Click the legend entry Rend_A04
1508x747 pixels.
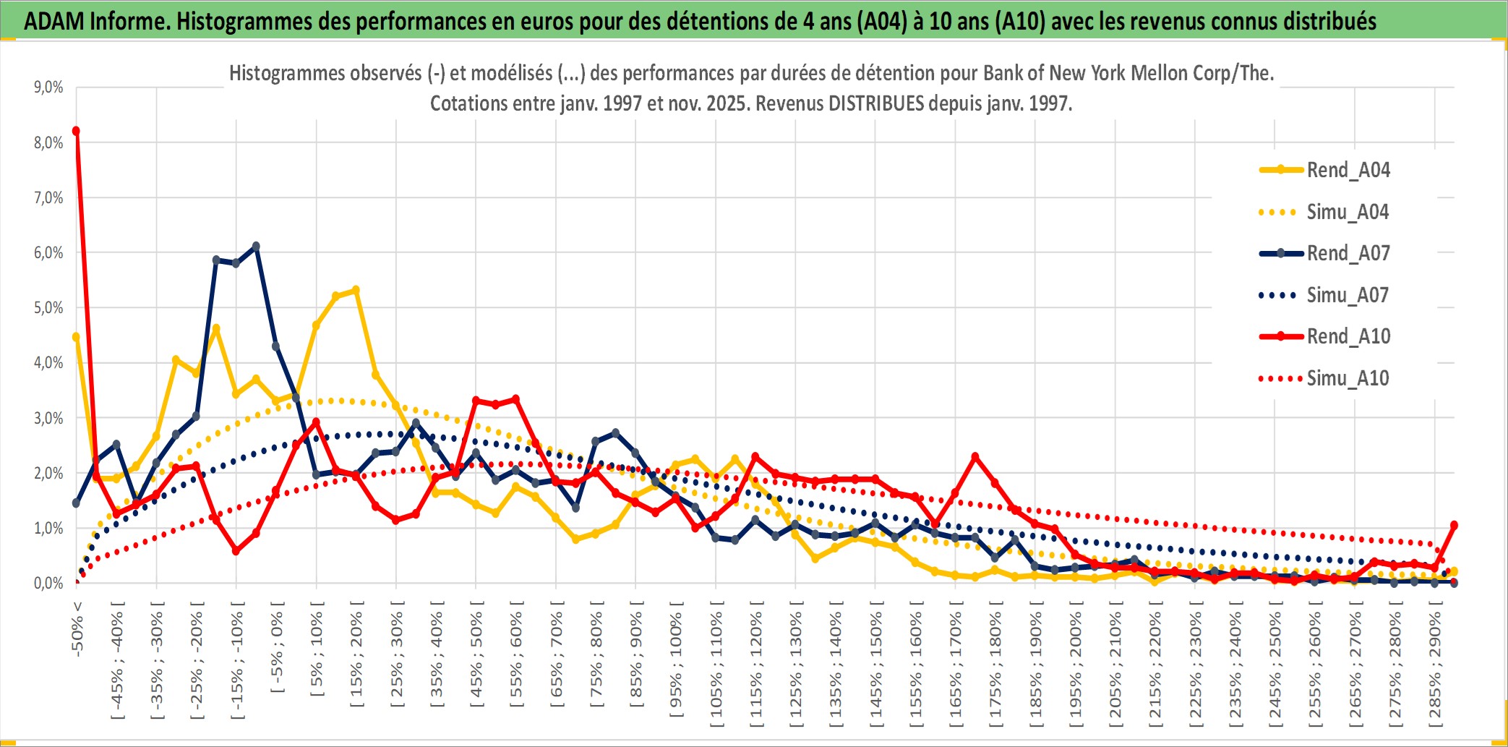coord(1348,170)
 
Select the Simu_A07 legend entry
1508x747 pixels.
coord(1347,295)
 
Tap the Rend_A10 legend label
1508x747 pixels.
coord(1348,336)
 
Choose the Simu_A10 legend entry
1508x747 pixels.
coord(1348,378)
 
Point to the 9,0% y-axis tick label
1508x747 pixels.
coord(48,87)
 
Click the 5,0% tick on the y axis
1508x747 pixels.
coord(48,308)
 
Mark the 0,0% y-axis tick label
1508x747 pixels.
coord(48,583)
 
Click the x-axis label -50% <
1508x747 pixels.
coord(77,628)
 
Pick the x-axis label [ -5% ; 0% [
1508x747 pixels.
coord(277,647)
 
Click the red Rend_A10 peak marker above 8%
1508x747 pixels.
coord(76,131)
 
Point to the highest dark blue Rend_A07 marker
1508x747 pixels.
coord(256,247)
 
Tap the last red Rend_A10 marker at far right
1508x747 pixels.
coord(1454,525)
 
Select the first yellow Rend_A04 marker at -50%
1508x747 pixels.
coord(76,337)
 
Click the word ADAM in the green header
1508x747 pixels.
coord(53,21)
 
